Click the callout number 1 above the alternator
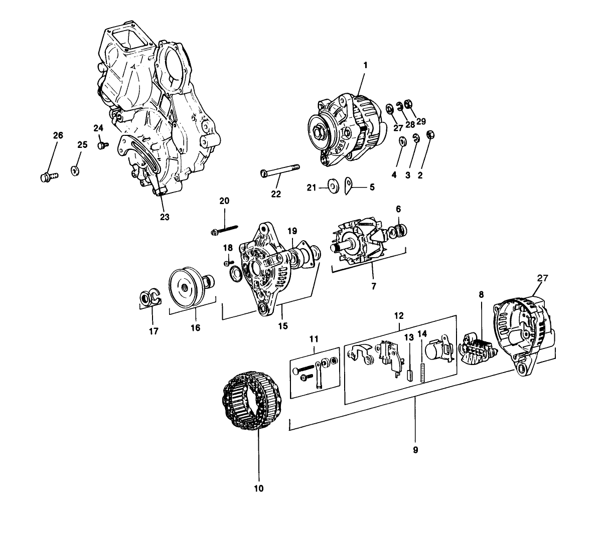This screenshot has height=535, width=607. click(x=365, y=65)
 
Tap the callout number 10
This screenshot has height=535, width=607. click(x=259, y=487)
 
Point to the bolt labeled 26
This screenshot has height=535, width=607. click(x=48, y=176)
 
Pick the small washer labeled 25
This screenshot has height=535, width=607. click(x=75, y=170)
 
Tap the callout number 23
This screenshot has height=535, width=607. click(x=165, y=217)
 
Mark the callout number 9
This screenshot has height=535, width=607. click(x=415, y=450)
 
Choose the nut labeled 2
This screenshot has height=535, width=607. click(x=430, y=134)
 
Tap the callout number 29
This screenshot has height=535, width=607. click(x=420, y=121)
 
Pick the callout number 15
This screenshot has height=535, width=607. click(x=283, y=326)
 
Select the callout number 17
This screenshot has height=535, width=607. click(x=154, y=331)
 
